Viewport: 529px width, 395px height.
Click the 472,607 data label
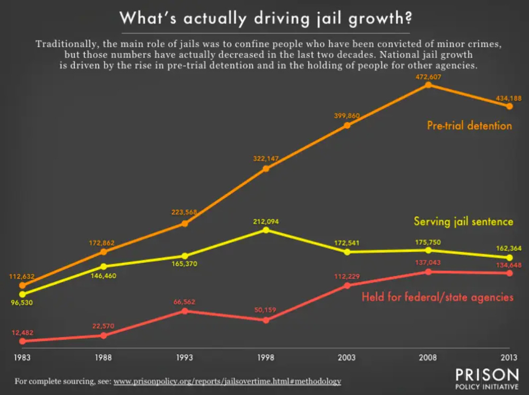428,77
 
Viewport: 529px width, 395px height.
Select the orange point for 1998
266,169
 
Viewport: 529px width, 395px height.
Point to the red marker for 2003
347,285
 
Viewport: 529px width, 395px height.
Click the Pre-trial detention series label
469,126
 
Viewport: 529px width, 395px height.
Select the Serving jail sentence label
463,221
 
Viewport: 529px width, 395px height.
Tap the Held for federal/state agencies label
437,297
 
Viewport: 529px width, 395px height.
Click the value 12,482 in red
23,333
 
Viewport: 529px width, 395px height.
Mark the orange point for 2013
509,106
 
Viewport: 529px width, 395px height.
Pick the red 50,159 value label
266,310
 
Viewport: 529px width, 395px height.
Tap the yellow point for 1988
103,267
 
